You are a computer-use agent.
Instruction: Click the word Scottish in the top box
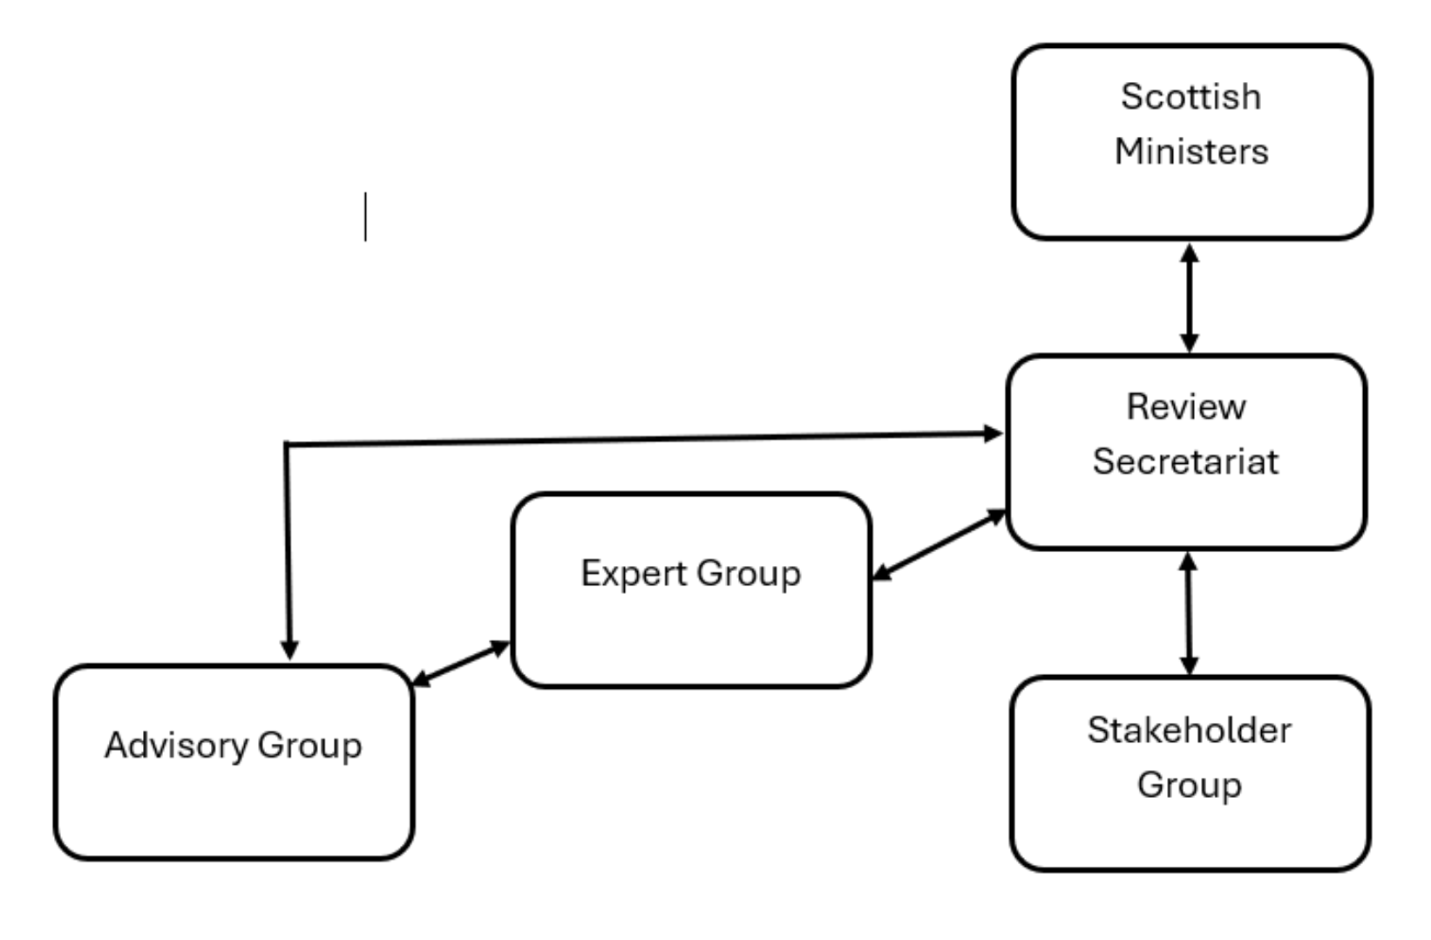click(x=1190, y=97)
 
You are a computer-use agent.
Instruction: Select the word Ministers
click(x=1190, y=152)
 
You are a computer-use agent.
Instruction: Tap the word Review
click(x=1185, y=407)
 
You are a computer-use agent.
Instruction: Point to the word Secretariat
click(x=1185, y=461)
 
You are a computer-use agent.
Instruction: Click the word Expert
click(x=634, y=574)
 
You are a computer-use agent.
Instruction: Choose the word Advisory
click(x=176, y=746)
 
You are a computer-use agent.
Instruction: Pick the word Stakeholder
click(x=1189, y=731)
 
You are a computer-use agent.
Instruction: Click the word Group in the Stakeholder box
click(x=1189, y=785)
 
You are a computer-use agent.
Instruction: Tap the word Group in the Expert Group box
click(x=748, y=574)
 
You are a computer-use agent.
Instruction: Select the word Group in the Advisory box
click(x=309, y=746)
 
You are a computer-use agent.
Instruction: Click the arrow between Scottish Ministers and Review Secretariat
click(x=1190, y=297)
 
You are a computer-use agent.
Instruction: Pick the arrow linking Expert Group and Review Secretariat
click(x=939, y=545)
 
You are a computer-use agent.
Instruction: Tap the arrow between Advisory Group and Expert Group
click(x=460, y=664)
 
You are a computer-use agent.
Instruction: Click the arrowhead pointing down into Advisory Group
click(x=290, y=650)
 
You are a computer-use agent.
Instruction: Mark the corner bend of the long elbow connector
click(x=287, y=445)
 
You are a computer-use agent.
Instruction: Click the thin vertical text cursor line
click(x=365, y=216)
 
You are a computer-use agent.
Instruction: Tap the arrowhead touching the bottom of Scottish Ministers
click(x=1190, y=253)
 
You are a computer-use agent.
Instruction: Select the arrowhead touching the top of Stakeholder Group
click(x=1189, y=665)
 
